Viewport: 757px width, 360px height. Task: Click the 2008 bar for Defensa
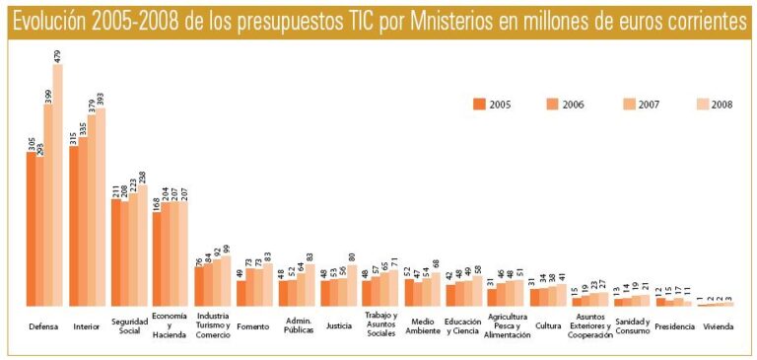(58, 187)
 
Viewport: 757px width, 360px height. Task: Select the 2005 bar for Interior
(74, 227)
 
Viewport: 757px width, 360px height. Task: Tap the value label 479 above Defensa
(58, 53)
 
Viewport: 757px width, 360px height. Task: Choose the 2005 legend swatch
(480, 104)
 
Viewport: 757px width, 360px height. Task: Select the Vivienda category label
(718, 324)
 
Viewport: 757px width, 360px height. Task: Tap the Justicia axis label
(338, 324)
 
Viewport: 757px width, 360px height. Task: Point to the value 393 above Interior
(100, 97)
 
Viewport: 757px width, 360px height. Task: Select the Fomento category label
(253, 324)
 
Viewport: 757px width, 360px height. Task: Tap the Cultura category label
(548, 324)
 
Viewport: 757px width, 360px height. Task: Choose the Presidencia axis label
(675, 324)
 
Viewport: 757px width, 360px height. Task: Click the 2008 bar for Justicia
(352, 287)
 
